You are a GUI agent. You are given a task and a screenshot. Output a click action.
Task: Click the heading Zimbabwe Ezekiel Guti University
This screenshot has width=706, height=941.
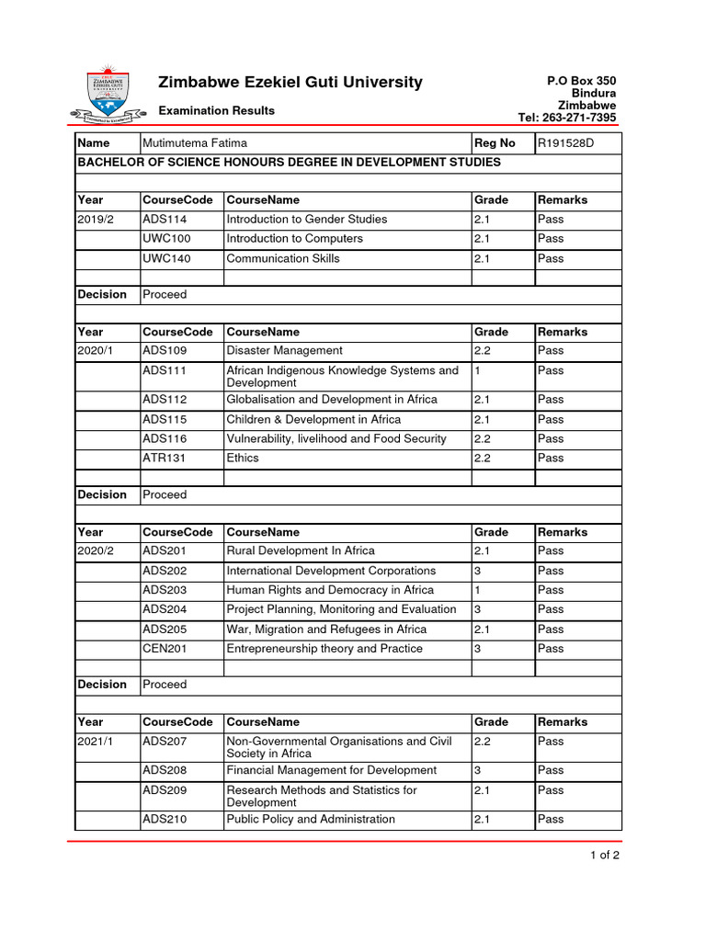(290, 83)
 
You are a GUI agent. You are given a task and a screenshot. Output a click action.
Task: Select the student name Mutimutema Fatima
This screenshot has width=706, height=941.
(194, 143)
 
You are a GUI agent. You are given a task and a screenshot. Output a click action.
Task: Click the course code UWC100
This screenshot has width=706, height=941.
(165, 239)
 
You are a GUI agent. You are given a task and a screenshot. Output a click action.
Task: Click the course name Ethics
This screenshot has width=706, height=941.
(243, 458)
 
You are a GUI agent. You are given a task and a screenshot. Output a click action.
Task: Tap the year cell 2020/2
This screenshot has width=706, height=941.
(97, 550)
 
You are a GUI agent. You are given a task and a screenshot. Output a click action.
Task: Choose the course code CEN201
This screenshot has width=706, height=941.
(165, 649)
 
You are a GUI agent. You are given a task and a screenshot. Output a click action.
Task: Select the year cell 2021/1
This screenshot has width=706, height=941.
(97, 741)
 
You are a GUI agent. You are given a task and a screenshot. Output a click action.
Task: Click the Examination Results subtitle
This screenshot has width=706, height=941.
(216, 111)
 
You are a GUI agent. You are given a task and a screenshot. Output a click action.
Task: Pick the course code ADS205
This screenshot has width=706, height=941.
(165, 629)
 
